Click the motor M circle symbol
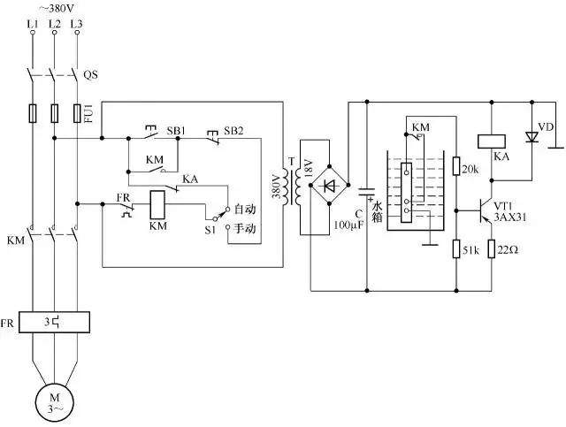[x=55, y=402]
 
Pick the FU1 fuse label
[x=88, y=114]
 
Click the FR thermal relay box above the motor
[x=55, y=322]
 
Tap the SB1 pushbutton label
[x=177, y=130]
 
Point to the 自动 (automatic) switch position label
[x=246, y=211]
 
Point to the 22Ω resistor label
[x=508, y=250]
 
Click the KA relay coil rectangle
[x=490, y=140]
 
